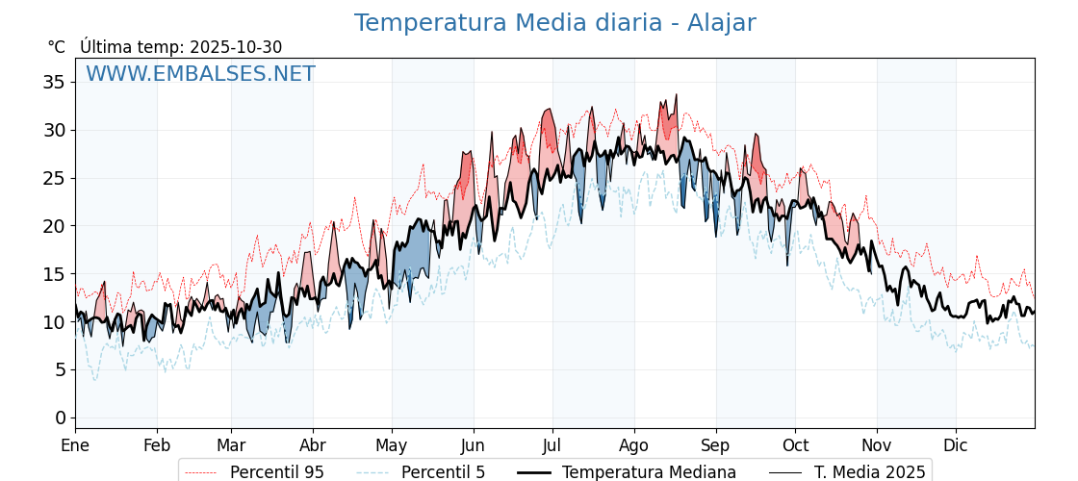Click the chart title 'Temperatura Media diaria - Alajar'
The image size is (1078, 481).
(554, 23)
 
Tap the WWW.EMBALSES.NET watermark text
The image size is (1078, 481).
(200, 74)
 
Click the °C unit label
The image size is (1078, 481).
(57, 47)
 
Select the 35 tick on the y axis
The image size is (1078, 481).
(54, 82)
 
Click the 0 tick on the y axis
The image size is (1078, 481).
(60, 418)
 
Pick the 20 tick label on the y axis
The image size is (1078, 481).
(54, 226)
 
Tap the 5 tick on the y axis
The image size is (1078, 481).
(60, 369)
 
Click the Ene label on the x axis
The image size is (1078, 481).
(75, 445)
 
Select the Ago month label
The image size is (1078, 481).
(633, 445)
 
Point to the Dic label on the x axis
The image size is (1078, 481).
(956, 445)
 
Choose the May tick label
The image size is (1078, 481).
(391, 445)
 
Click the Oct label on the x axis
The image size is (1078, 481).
(795, 445)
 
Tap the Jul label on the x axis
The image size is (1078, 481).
(552, 445)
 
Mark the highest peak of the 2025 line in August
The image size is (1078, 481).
(677, 94)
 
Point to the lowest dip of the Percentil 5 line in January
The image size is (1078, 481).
(94, 380)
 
